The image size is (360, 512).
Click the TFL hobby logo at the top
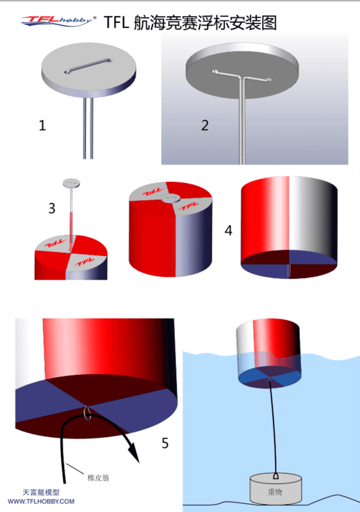tap(58, 21)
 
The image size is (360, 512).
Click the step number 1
tap(42, 125)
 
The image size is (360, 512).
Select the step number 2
tap(205, 125)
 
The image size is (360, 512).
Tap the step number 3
tap(52, 209)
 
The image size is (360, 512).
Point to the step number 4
tap(228, 230)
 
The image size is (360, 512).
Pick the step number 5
tap(165, 444)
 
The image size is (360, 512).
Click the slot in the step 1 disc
tap(88, 66)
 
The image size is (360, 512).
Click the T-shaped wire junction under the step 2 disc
tap(241, 78)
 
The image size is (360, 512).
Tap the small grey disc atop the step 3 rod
tap(71, 183)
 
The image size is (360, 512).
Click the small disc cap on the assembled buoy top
tap(171, 198)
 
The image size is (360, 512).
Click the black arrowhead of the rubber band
tap(134, 451)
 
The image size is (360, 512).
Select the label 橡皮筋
tap(98, 477)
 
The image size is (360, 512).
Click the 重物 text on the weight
tap(275, 492)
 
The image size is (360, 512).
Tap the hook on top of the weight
tap(275, 476)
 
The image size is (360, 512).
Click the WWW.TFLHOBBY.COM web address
tap(41, 502)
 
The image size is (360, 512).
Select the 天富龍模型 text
tap(41, 492)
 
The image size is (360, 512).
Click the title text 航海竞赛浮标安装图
tap(205, 23)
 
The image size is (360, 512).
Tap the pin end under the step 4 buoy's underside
tap(289, 271)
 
